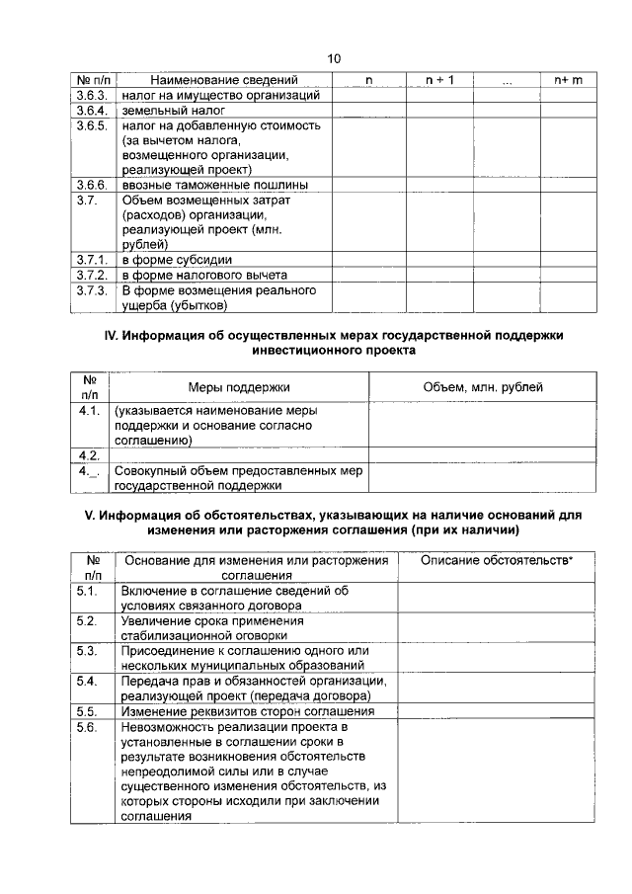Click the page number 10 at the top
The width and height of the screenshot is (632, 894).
tap(334, 59)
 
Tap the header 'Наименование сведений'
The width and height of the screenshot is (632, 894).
tap(224, 80)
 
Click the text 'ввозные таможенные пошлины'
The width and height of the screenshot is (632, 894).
tap(214, 185)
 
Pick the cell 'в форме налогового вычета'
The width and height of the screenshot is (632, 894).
tap(204, 275)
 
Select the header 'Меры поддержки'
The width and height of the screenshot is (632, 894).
tap(239, 387)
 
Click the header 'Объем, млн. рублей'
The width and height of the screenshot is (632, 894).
tap(482, 387)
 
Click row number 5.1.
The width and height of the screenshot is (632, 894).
tap(87, 591)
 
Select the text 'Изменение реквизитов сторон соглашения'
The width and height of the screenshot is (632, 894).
tap(247, 710)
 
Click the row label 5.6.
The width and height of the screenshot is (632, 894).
tap(87, 726)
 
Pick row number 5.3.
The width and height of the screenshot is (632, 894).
tap(87, 651)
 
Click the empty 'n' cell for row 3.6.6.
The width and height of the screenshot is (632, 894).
tap(368, 185)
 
